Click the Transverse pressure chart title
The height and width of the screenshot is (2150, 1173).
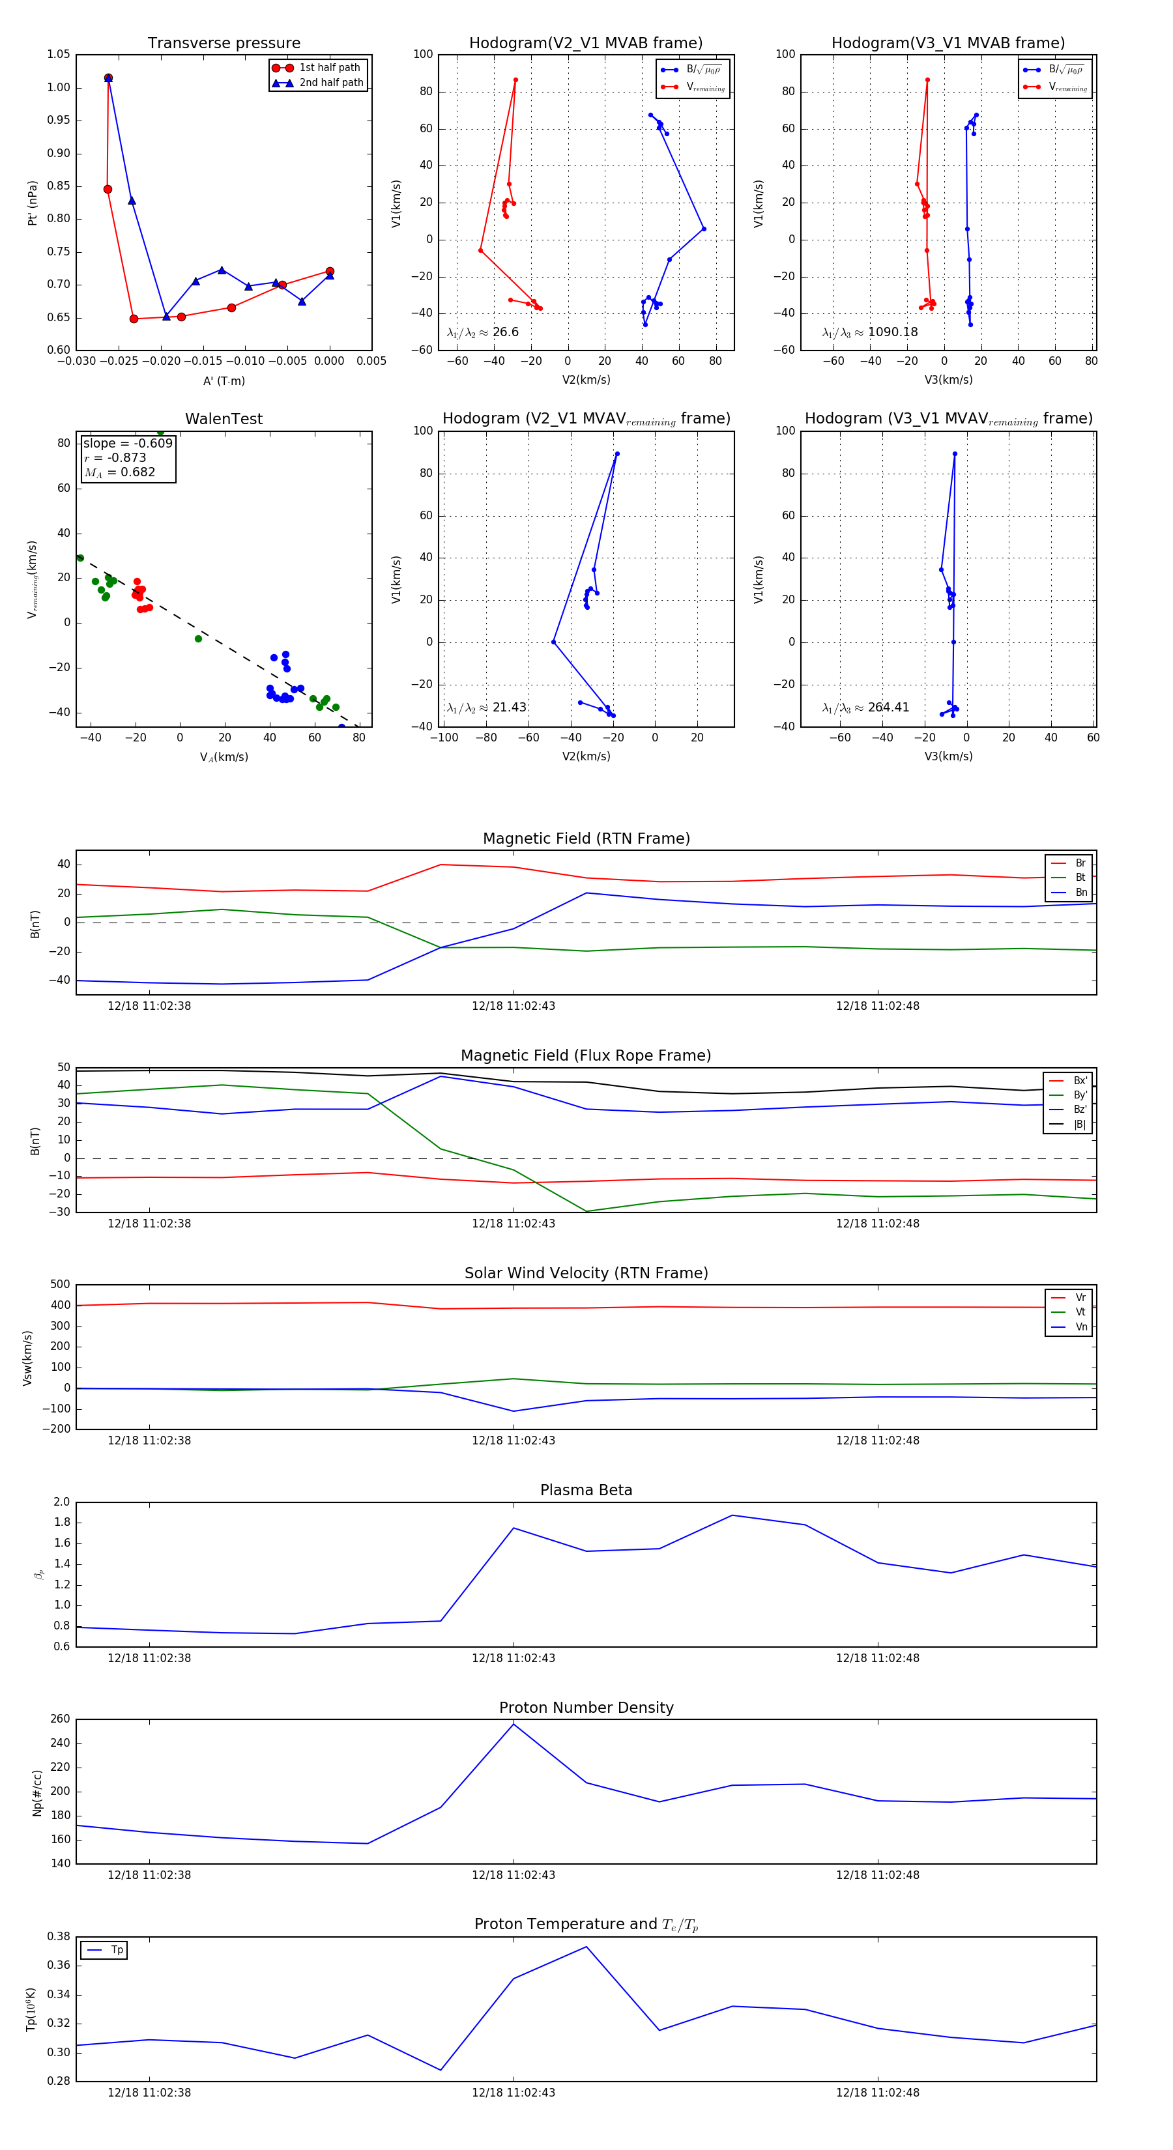(224, 44)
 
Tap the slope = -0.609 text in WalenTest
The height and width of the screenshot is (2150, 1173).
(128, 443)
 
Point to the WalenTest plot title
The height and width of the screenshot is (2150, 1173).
(224, 419)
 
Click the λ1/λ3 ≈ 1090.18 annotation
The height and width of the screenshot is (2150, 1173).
(870, 332)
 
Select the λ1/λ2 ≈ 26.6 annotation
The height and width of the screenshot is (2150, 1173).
(482, 332)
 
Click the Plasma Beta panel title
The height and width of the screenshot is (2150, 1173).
(586, 1490)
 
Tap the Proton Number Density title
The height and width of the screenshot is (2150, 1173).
(586, 1707)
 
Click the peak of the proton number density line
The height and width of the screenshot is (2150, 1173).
(514, 1725)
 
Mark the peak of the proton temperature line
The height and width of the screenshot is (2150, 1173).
(586, 1947)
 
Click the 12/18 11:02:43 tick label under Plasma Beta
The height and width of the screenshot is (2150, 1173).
(513, 1657)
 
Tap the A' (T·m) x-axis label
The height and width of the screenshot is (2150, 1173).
(224, 380)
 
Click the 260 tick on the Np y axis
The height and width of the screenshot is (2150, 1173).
(60, 1719)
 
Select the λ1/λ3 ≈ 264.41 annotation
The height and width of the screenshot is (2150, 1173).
(866, 708)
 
